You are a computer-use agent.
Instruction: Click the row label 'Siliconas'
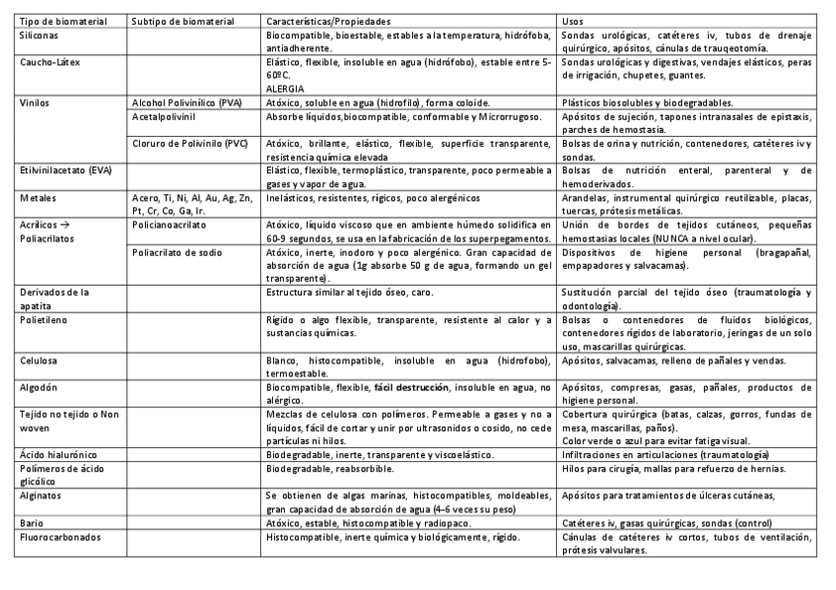click(38, 34)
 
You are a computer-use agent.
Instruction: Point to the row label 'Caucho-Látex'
click(47, 61)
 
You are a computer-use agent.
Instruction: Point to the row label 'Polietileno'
click(43, 319)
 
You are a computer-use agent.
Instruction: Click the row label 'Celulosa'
click(38, 361)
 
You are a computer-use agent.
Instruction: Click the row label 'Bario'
click(31, 522)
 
